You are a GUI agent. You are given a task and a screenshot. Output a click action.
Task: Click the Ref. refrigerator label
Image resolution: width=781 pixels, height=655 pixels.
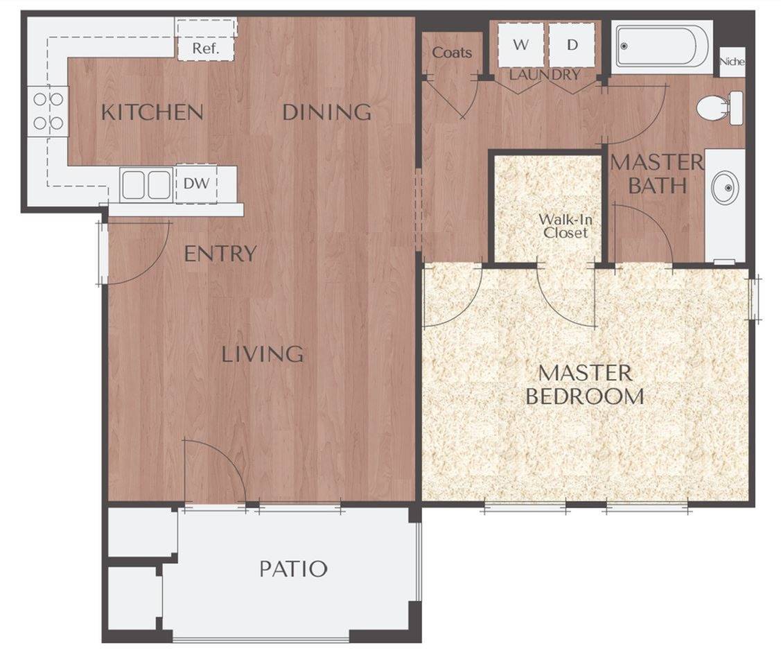[x=205, y=49]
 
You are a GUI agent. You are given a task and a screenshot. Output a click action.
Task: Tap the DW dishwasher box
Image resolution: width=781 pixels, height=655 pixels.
[x=196, y=184]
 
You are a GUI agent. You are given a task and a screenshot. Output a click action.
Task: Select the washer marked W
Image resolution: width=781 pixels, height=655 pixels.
[x=520, y=45]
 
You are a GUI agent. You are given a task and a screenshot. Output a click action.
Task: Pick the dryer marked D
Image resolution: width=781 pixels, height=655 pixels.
[x=572, y=45]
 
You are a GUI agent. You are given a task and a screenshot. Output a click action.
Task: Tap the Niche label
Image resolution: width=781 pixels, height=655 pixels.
[x=732, y=62]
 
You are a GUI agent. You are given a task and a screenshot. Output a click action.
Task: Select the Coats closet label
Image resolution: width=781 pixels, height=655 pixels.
[x=452, y=53]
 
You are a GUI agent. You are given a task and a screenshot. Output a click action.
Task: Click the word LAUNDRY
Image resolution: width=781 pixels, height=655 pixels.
[x=545, y=74]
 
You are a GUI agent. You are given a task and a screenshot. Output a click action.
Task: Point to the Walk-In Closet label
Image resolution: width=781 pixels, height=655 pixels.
[x=565, y=226]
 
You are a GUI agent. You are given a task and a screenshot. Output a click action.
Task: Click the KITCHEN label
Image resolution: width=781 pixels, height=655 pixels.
[x=152, y=112]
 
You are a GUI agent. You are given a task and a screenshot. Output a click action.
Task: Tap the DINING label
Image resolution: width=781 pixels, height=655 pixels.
[x=327, y=112]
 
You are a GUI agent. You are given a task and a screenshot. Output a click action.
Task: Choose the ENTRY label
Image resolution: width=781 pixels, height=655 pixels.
[x=220, y=254]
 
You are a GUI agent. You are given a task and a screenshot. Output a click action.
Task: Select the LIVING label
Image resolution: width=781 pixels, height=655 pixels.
[x=263, y=354]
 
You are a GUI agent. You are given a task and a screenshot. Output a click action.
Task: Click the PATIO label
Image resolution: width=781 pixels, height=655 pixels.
[x=293, y=569]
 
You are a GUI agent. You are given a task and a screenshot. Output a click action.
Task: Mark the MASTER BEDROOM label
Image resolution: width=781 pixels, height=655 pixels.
[x=585, y=384]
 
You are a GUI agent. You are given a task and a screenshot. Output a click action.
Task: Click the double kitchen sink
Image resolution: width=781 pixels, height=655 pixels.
[x=146, y=184]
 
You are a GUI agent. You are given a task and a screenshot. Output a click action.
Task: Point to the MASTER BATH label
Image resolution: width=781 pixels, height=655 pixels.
[x=656, y=173]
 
